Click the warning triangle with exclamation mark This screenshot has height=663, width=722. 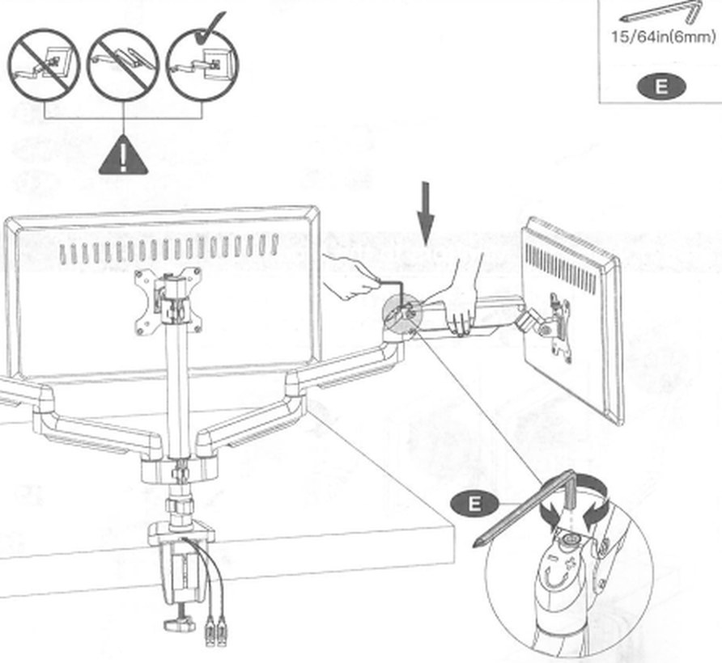point(123,157)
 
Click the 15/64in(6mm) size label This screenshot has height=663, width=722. point(664,36)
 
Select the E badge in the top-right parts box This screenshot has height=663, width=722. point(661,87)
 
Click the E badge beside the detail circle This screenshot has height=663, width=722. point(475,504)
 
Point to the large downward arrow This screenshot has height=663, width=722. point(426,213)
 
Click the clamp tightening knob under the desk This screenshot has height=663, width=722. point(180,625)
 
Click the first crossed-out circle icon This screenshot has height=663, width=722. point(45,65)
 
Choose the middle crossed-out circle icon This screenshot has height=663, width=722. point(123,65)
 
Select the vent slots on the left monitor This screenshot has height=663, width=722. point(169,249)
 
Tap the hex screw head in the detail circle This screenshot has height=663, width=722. point(570,538)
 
